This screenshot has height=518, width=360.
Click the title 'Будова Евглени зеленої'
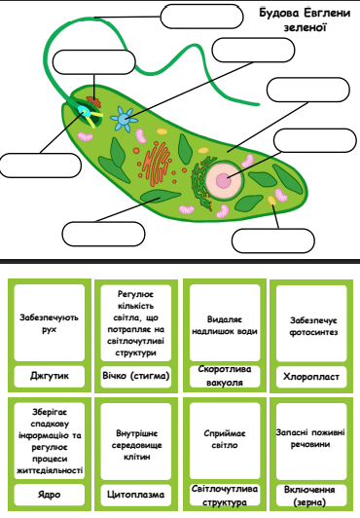pyautogui.click(x=305, y=19)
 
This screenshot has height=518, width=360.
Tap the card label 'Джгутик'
pyautogui.click(x=50, y=376)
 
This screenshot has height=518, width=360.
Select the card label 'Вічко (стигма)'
pyautogui.click(x=136, y=376)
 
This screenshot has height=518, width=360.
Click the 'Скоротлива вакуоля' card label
pyautogui.click(x=225, y=376)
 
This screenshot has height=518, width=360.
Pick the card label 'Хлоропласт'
pyautogui.click(x=311, y=376)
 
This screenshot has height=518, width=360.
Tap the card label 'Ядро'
pyautogui.click(x=50, y=495)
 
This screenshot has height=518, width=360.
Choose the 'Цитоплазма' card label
pyautogui.click(x=136, y=495)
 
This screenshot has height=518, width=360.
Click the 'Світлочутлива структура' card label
pyautogui.click(x=225, y=496)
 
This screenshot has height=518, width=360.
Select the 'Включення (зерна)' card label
pyautogui.click(x=309, y=496)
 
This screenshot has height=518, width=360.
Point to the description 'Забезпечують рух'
pyautogui.click(x=50, y=323)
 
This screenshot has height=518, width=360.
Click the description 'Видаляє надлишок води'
pyautogui.click(x=225, y=325)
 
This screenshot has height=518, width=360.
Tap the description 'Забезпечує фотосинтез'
pyautogui.click(x=313, y=326)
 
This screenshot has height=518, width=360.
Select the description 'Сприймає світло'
pyautogui.click(x=225, y=439)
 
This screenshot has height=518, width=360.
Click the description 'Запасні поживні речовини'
pyautogui.click(x=310, y=438)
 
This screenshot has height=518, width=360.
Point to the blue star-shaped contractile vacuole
pyautogui.click(x=124, y=119)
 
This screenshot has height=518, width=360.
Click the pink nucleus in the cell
pyautogui.click(x=224, y=180)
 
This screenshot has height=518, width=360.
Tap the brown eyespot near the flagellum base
pyautogui.click(x=94, y=101)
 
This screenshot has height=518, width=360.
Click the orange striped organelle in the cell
pyautogui.click(x=156, y=164)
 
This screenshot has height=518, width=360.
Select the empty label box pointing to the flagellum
pyautogui.click(x=201, y=17)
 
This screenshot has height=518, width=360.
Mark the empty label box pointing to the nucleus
pyautogui.click(x=315, y=140)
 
